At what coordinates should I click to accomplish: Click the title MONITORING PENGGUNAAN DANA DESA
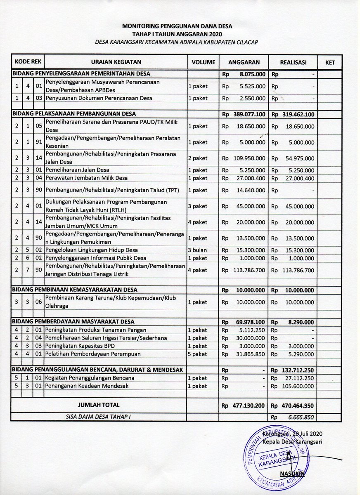pos(177,26)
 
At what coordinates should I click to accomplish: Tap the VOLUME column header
pos(202,62)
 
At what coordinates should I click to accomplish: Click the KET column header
pos(330,63)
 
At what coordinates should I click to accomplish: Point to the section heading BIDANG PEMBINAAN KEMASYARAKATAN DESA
pos(75,290)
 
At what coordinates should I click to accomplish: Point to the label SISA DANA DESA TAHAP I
pos(98,417)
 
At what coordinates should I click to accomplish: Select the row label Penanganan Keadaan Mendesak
pos(87,386)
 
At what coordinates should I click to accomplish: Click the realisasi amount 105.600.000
pos(298,386)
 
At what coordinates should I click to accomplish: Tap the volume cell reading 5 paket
pos(197,354)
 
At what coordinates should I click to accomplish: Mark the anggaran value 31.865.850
pos(249,354)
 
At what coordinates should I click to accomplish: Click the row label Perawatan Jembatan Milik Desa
pos(86,178)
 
